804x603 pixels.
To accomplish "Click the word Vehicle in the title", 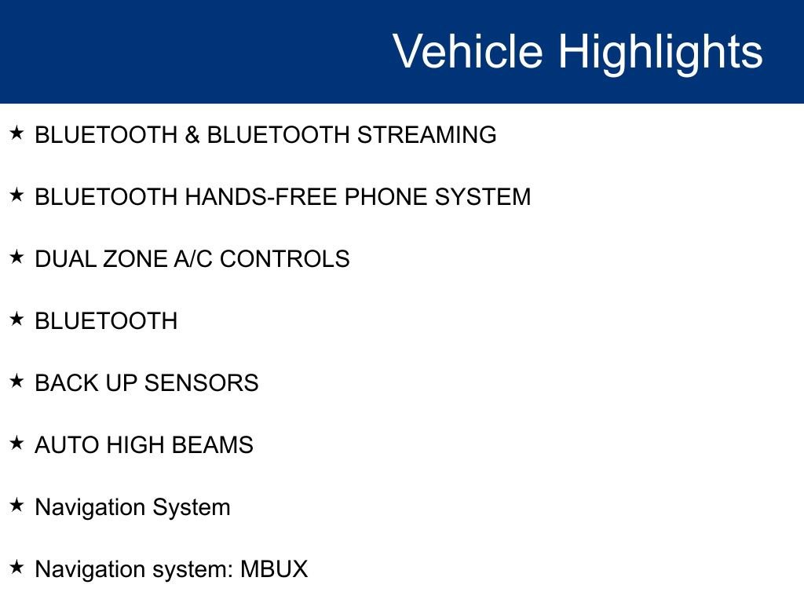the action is pyautogui.click(x=468, y=50).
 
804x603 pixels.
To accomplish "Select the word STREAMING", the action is pyautogui.click(x=426, y=135).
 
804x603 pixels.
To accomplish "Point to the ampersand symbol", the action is pyautogui.click(x=192, y=135).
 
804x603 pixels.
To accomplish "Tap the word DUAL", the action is pyautogui.click(x=65, y=259).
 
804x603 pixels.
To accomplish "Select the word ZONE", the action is pyautogui.click(x=135, y=259).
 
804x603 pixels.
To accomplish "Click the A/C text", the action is pyautogui.click(x=193, y=259).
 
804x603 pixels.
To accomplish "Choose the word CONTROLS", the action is pyautogui.click(x=284, y=259).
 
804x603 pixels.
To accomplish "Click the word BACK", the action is pyautogui.click(x=67, y=383).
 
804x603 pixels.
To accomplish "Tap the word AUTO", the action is pyautogui.click(x=67, y=445).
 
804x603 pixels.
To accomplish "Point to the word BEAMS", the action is pyautogui.click(x=212, y=445).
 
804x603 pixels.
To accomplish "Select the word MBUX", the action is pyautogui.click(x=274, y=569).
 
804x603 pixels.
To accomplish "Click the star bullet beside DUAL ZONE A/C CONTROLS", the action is pyautogui.click(x=17, y=257).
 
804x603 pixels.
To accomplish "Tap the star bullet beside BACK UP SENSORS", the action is pyautogui.click(x=17, y=381).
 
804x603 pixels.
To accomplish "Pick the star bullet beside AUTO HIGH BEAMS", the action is pyautogui.click(x=17, y=443).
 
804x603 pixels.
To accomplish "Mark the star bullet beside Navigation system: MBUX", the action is pyautogui.click(x=17, y=567).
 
